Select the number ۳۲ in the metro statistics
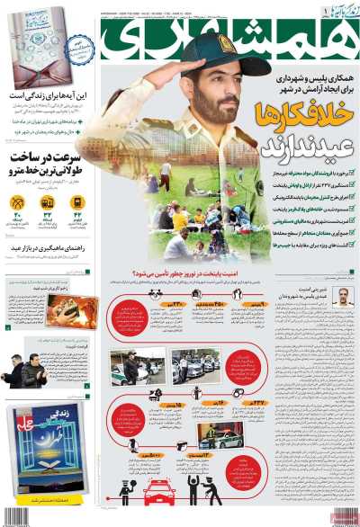pos(48,216)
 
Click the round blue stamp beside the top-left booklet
pos(81,47)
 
